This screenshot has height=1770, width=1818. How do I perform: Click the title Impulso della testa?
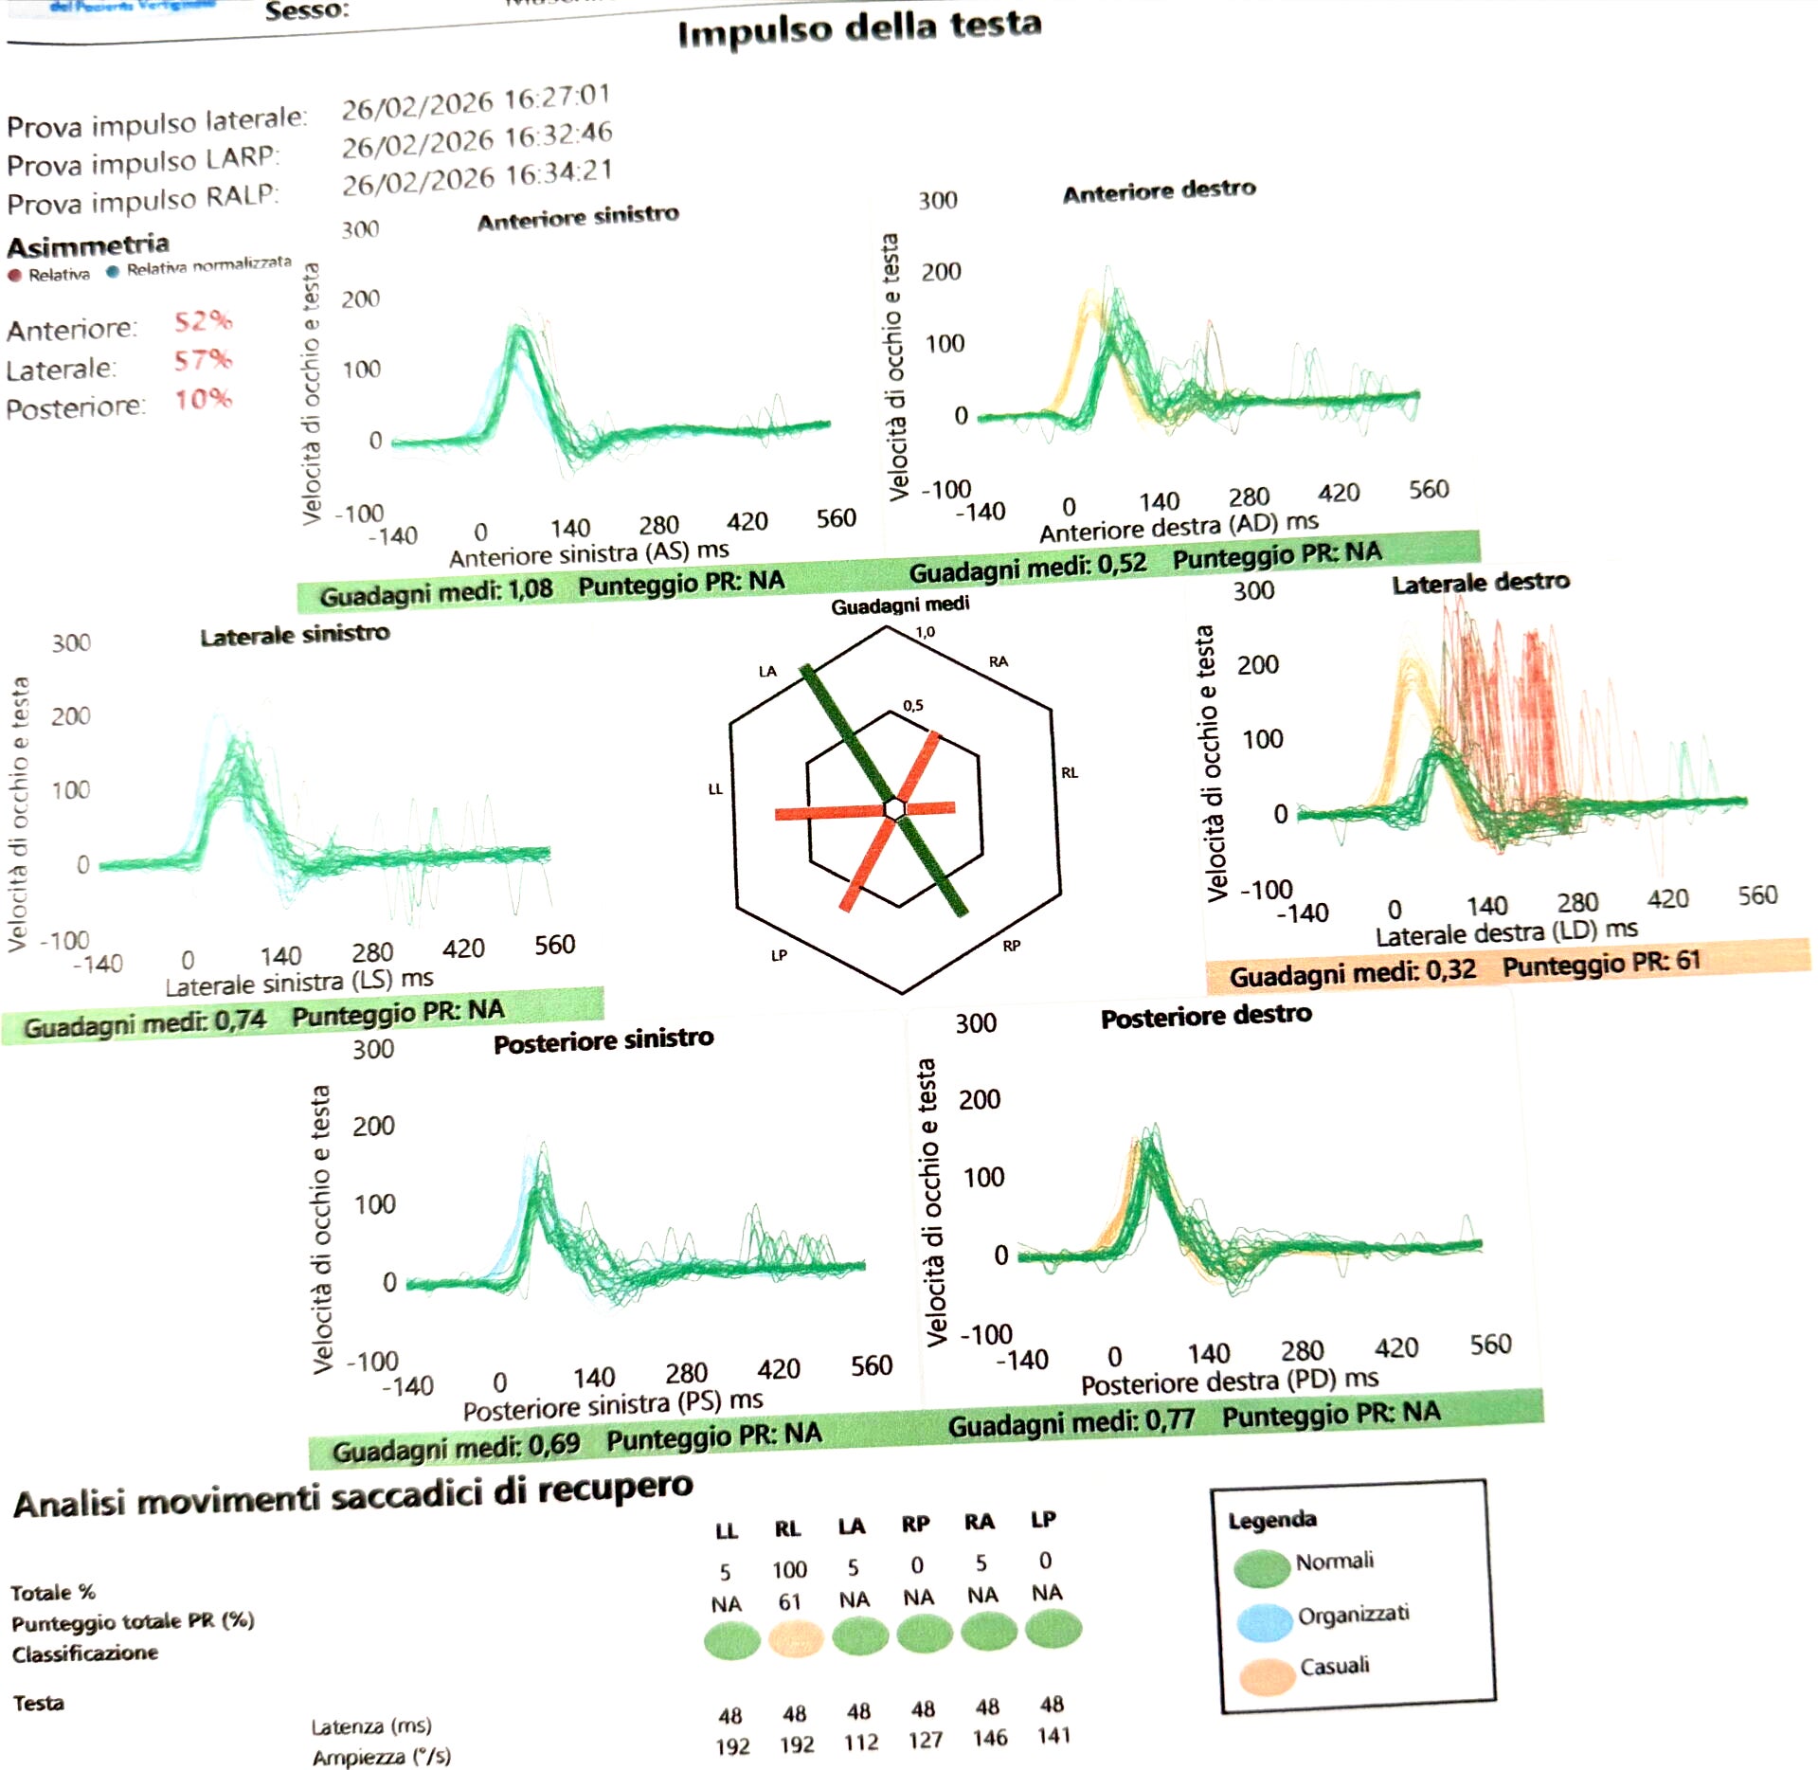click(859, 28)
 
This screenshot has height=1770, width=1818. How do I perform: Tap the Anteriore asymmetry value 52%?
click(203, 321)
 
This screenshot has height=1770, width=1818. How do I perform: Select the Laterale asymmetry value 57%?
click(203, 360)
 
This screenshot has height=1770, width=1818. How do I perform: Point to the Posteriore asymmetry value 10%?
click(203, 399)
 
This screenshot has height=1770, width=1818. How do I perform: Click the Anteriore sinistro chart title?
click(578, 218)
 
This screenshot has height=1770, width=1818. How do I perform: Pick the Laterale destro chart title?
click(1480, 583)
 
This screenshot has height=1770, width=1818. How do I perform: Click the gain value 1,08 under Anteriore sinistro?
click(531, 589)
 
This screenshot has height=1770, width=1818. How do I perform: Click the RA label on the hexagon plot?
click(998, 661)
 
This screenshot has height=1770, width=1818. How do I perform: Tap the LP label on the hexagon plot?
click(779, 955)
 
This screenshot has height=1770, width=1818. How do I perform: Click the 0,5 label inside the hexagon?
click(912, 705)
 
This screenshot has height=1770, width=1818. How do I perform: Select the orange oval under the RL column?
click(795, 1637)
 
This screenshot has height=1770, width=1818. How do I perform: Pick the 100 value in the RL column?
click(789, 1570)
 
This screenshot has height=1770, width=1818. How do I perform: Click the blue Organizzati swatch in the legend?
click(1265, 1622)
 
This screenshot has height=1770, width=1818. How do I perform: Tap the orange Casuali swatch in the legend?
click(1267, 1675)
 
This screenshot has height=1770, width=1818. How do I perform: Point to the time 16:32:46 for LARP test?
click(558, 136)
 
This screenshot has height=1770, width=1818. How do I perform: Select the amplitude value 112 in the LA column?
click(860, 1743)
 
